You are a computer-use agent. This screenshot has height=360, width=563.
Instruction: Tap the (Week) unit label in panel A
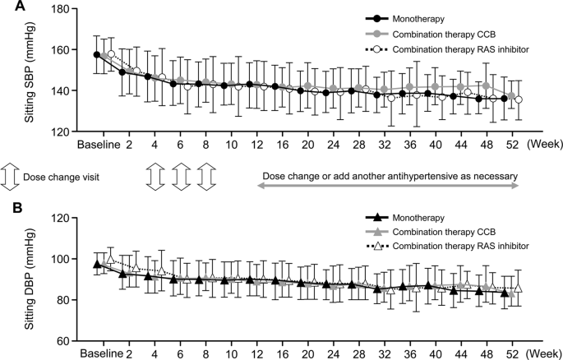[x=542, y=145]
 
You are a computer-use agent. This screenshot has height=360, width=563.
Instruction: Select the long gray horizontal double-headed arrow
[x=389, y=187]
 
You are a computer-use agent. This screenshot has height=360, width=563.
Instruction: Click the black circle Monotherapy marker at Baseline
[x=97, y=55]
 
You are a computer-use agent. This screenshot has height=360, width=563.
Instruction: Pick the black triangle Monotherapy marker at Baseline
[x=97, y=264]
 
